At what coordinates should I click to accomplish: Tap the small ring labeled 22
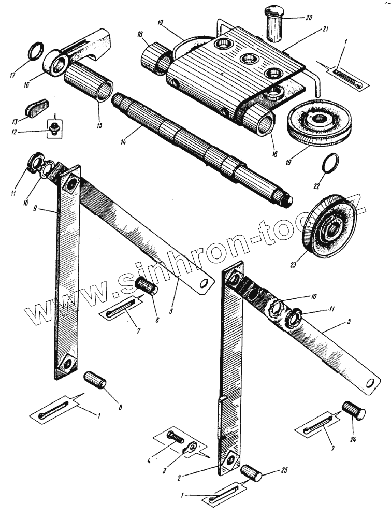(329, 164)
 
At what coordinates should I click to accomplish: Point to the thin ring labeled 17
(35, 52)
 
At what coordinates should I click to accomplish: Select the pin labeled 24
(354, 411)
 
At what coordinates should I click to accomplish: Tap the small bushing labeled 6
(147, 286)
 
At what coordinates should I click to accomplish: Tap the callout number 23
(293, 265)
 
